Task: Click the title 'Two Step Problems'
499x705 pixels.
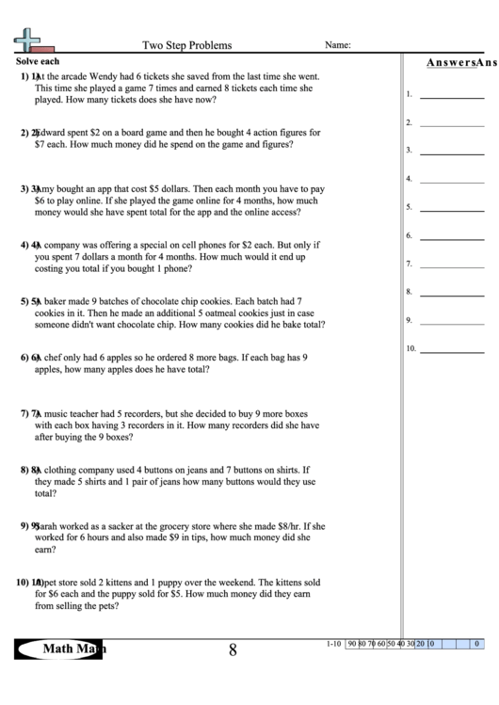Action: (x=186, y=44)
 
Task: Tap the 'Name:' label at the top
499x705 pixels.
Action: (x=338, y=44)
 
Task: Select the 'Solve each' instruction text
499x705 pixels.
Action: (x=38, y=60)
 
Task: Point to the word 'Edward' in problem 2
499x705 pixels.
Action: (x=50, y=133)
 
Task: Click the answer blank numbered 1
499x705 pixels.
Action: (x=451, y=95)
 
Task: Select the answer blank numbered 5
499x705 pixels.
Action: (x=451, y=208)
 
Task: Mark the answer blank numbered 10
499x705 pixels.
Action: (x=451, y=349)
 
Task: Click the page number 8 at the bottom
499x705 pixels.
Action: (x=233, y=649)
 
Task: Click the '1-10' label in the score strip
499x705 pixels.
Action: (x=332, y=644)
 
